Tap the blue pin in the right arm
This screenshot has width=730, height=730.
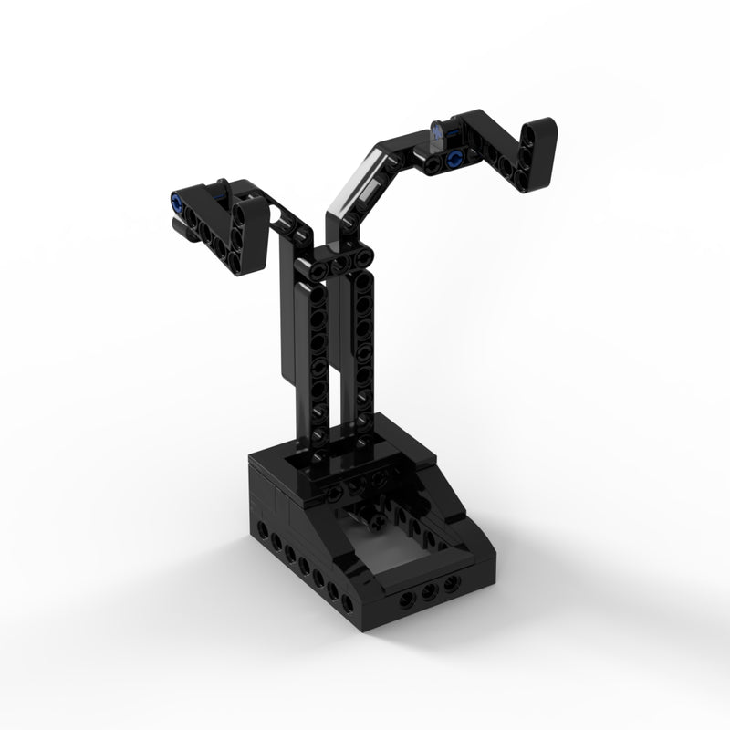click(x=454, y=160)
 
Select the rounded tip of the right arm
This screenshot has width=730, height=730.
click(x=545, y=130)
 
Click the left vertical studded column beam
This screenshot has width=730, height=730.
click(x=318, y=365)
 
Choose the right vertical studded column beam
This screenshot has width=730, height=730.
click(x=363, y=356)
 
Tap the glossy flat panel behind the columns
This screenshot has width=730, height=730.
click(x=285, y=319)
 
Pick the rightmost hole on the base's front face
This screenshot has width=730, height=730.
click(x=447, y=589)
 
